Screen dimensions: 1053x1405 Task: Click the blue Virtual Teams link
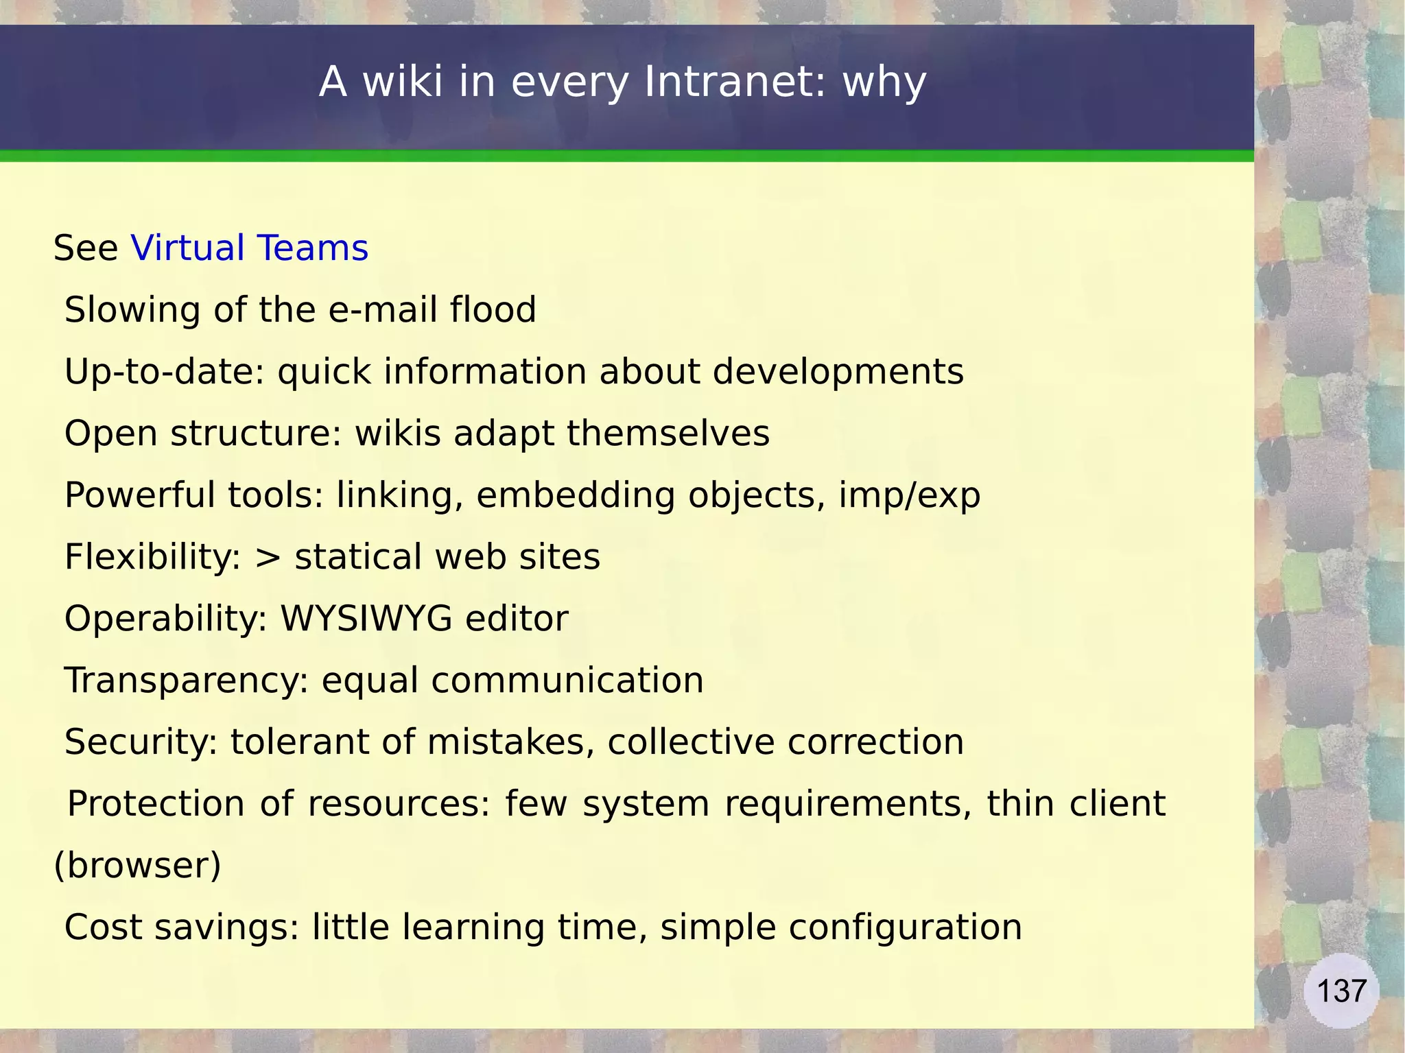coord(249,248)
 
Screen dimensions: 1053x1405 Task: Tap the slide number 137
coord(1341,991)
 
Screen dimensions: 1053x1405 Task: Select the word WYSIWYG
coord(366,618)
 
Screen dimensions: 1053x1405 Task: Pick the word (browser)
coord(137,865)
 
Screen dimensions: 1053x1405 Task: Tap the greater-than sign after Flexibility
coord(268,557)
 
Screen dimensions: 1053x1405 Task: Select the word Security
coord(141,742)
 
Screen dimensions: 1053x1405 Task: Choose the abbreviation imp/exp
coord(909,495)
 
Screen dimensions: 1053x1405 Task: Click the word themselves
coord(668,434)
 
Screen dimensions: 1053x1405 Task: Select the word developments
coord(838,372)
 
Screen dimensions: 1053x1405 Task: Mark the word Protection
coord(156,803)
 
